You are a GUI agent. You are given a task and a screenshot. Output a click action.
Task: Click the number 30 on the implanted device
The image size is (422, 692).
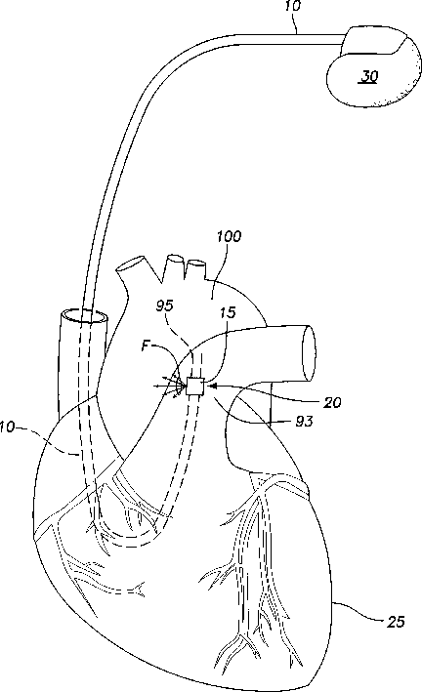click(x=369, y=76)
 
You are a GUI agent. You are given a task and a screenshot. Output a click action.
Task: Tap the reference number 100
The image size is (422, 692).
click(x=229, y=236)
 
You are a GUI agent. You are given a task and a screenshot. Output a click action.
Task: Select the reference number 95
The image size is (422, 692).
click(x=164, y=305)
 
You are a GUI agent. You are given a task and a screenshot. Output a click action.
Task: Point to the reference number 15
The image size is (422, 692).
click(x=228, y=312)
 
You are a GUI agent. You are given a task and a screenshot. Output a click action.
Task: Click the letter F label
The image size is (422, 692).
click(x=146, y=346)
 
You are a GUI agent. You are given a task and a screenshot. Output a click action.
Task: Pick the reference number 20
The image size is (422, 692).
click(x=333, y=402)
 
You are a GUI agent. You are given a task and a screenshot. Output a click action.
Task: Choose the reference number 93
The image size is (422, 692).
click(x=304, y=421)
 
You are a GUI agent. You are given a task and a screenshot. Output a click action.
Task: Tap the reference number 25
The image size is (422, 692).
click(x=396, y=622)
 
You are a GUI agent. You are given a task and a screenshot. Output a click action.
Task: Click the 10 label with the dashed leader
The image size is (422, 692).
click(x=8, y=427)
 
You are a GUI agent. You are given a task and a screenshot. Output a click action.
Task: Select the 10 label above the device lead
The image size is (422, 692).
click(x=292, y=6)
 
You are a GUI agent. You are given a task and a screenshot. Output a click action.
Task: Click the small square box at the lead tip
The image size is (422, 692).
click(x=195, y=387)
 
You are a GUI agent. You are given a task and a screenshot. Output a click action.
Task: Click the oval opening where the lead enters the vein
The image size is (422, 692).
click(x=84, y=317)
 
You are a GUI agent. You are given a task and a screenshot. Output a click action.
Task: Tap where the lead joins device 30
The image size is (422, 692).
click(x=343, y=40)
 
